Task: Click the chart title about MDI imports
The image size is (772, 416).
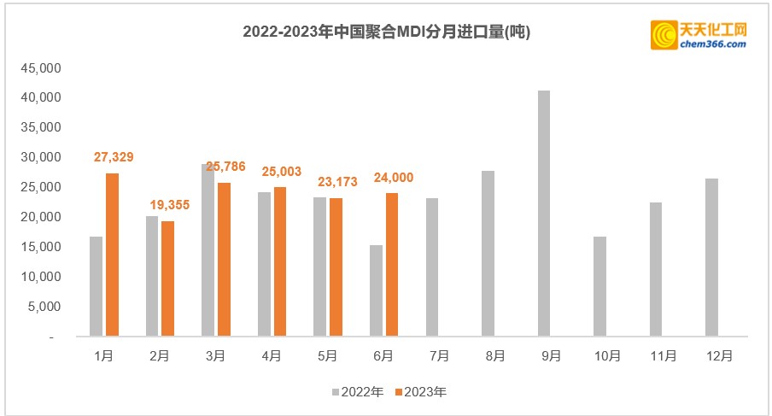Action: tap(386, 32)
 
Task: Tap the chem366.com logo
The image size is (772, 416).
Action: tap(699, 35)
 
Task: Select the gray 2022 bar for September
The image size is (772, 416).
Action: tap(544, 214)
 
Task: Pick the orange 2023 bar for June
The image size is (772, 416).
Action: tap(391, 265)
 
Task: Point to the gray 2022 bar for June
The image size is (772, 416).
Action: tap(376, 291)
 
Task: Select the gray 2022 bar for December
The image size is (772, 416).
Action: tap(712, 257)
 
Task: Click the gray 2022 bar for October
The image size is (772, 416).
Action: tap(600, 286)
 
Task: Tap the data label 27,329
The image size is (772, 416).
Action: tap(114, 157)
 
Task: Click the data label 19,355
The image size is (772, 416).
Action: tap(169, 205)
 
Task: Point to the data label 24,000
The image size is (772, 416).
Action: tap(394, 178)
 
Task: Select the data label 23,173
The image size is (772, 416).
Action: tap(337, 182)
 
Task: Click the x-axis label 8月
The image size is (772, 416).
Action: tap(495, 355)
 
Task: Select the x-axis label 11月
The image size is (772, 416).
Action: tap(664, 355)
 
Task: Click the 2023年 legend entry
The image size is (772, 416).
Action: tap(421, 393)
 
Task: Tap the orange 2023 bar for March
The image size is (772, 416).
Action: tap(224, 260)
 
